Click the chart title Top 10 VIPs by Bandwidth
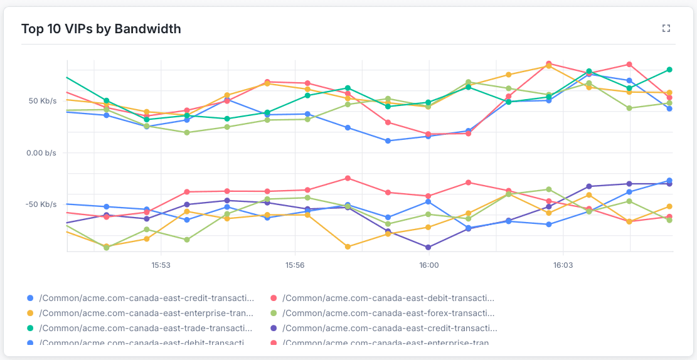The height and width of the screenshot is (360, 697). pos(101,29)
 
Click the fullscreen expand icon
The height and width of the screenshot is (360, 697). pos(666,28)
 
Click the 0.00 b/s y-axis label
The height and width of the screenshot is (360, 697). pos(41,152)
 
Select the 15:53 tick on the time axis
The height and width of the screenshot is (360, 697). pos(161,265)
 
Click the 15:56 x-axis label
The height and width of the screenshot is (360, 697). pos(295,265)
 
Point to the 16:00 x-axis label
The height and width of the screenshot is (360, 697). pos(428,265)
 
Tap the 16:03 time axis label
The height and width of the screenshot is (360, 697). pos(562,265)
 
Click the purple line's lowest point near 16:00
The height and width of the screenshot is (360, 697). pos(428,247)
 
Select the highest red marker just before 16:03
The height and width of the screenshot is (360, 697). pos(549,63)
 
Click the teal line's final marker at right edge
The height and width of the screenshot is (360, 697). pos(669,70)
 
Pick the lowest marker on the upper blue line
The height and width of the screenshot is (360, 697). pos(388,140)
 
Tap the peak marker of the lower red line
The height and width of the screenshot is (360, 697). pos(348,178)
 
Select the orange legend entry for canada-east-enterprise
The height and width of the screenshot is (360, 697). pos(146,312)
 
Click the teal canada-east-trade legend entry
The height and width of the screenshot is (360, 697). pos(146,327)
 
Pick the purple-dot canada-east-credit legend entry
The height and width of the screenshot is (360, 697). pos(389,327)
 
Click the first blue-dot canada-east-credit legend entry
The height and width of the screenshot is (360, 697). pos(146,298)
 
